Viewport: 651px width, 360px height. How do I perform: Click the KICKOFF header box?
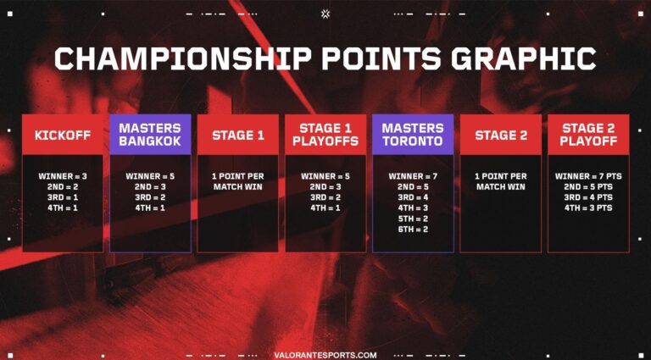coord(63,135)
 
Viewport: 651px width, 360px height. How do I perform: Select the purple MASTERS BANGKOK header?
coord(150,135)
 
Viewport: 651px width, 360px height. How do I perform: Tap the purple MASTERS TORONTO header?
coord(413,135)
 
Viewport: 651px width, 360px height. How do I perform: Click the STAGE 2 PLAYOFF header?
coord(588,135)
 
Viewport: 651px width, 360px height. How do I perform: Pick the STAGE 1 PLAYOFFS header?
coord(325,135)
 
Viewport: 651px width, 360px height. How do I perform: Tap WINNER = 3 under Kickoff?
coord(63,176)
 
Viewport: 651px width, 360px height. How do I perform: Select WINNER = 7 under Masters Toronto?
coord(413,176)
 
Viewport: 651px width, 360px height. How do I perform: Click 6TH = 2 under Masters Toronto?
coord(413,229)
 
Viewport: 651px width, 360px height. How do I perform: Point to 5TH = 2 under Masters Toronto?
coord(413,218)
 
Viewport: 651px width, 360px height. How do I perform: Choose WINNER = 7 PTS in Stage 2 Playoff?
coord(588,176)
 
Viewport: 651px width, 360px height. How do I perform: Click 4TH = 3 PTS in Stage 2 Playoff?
coord(588,208)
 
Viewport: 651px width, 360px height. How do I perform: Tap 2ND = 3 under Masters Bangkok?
coord(150,186)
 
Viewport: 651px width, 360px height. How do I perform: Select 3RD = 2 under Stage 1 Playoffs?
coord(325,197)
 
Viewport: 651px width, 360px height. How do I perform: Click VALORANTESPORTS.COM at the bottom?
coord(325,355)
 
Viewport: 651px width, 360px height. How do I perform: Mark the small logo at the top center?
coord(325,13)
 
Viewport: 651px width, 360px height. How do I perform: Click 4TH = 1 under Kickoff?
coord(63,208)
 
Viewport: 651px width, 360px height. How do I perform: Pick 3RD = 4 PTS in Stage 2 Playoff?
coord(588,197)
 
